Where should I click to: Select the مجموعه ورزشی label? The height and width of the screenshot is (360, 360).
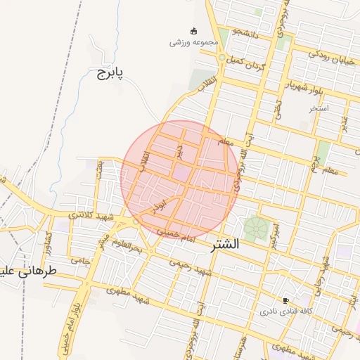point(191,42)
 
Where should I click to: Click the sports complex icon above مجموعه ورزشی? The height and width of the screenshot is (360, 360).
point(193,30)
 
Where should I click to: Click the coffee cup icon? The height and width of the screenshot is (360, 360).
point(285,300)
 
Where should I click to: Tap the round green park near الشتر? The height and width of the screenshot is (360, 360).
point(256,229)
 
